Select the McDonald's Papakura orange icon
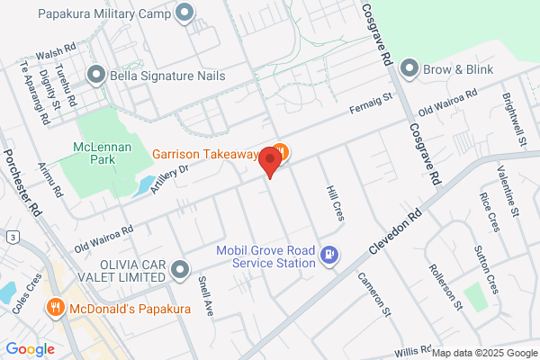pos(56,308)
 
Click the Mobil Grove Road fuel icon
pos(329,256)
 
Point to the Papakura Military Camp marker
pos(185,13)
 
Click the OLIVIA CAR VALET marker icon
pos(181,269)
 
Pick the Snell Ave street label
pos(206,295)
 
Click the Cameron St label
pos(374,295)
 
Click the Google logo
pos(30,348)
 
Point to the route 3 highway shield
pos(13,237)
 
